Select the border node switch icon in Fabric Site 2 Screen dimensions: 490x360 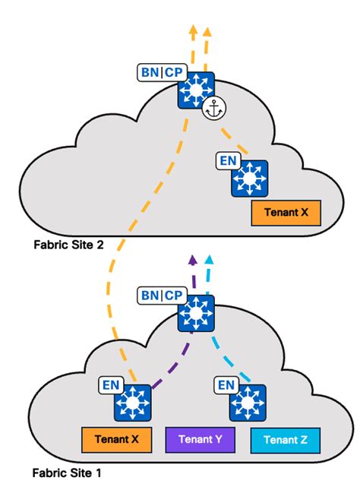pyautogui.click(x=196, y=90)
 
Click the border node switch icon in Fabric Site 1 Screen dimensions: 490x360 pyautogui.click(x=196, y=312)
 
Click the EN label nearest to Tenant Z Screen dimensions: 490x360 pyautogui.click(x=226, y=385)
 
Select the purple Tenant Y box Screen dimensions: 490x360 pyautogui.click(x=201, y=439)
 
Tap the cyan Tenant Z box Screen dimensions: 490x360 pyautogui.click(x=285, y=439)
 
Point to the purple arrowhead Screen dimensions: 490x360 pyautogui.click(x=194, y=261)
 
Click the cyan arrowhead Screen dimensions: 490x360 pyautogui.click(x=210, y=261)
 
